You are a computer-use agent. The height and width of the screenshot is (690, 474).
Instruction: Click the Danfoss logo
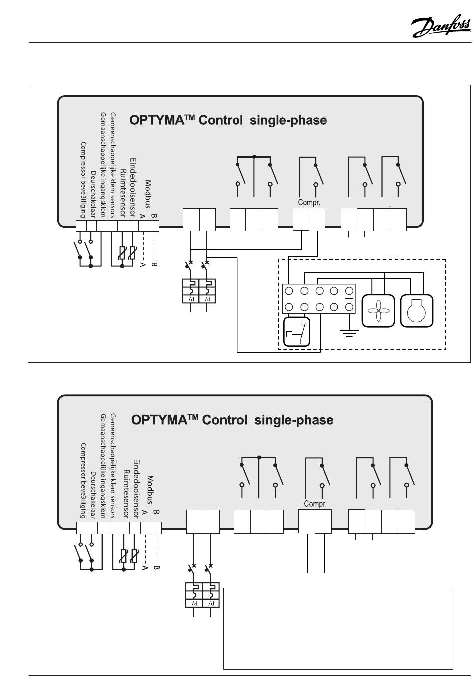(441, 26)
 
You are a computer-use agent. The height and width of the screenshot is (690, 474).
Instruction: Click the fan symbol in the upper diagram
(378, 311)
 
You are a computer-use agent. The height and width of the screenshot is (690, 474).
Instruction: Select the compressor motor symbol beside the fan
(417, 311)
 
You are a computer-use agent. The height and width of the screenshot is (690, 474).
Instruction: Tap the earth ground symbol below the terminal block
(349, 333)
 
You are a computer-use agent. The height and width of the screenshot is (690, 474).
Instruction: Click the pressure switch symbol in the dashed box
(296, 332)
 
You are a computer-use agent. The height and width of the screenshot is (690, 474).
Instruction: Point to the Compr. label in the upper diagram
(309, 203)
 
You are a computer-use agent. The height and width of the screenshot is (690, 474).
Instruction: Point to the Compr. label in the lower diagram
(315, 503)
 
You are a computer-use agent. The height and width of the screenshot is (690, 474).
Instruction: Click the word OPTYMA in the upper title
(157, 120)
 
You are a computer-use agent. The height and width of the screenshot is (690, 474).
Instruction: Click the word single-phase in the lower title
(294, 420)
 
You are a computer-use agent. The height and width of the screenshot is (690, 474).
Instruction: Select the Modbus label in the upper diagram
(149, 194)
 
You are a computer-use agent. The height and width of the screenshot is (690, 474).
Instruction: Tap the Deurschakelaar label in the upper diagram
(93, 194)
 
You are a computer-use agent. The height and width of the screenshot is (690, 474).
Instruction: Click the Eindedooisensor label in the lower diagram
(136, 489)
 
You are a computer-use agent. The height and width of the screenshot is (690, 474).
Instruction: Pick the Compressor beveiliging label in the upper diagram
(83, 180)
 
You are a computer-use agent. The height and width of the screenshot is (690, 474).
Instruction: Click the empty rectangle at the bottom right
(338, 629)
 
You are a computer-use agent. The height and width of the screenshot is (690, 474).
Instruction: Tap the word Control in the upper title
(221, 120)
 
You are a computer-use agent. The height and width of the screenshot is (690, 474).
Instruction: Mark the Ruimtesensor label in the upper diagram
(123, 193)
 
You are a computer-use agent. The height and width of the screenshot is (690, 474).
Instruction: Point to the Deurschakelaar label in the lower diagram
(93, 495)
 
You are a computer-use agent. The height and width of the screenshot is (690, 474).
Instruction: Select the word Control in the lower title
(225, 420)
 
